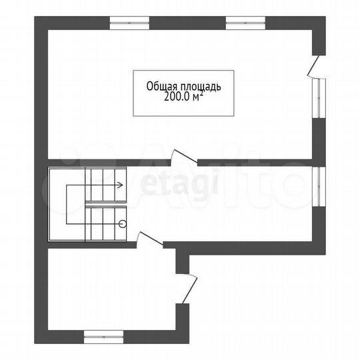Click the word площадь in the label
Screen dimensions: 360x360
tap(201, 87)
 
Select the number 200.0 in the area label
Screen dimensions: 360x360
tap(177, 97)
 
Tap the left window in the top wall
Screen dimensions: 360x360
tap(129, 23)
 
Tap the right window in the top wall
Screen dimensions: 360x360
tap(245, 23)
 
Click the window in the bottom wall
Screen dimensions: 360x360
tap(103, 337)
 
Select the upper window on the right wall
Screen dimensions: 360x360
tap(319, 98)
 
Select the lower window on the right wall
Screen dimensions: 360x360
tap(319, 187)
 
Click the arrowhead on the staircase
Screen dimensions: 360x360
tap(120, 185)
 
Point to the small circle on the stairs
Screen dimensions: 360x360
tap(123, 223)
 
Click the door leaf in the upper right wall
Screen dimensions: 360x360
tap(313, 65)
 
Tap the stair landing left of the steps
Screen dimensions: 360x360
tap(67, 205)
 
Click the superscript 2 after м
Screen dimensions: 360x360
tap(201, 94)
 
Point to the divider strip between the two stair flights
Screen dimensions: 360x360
tap(105, 205)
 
